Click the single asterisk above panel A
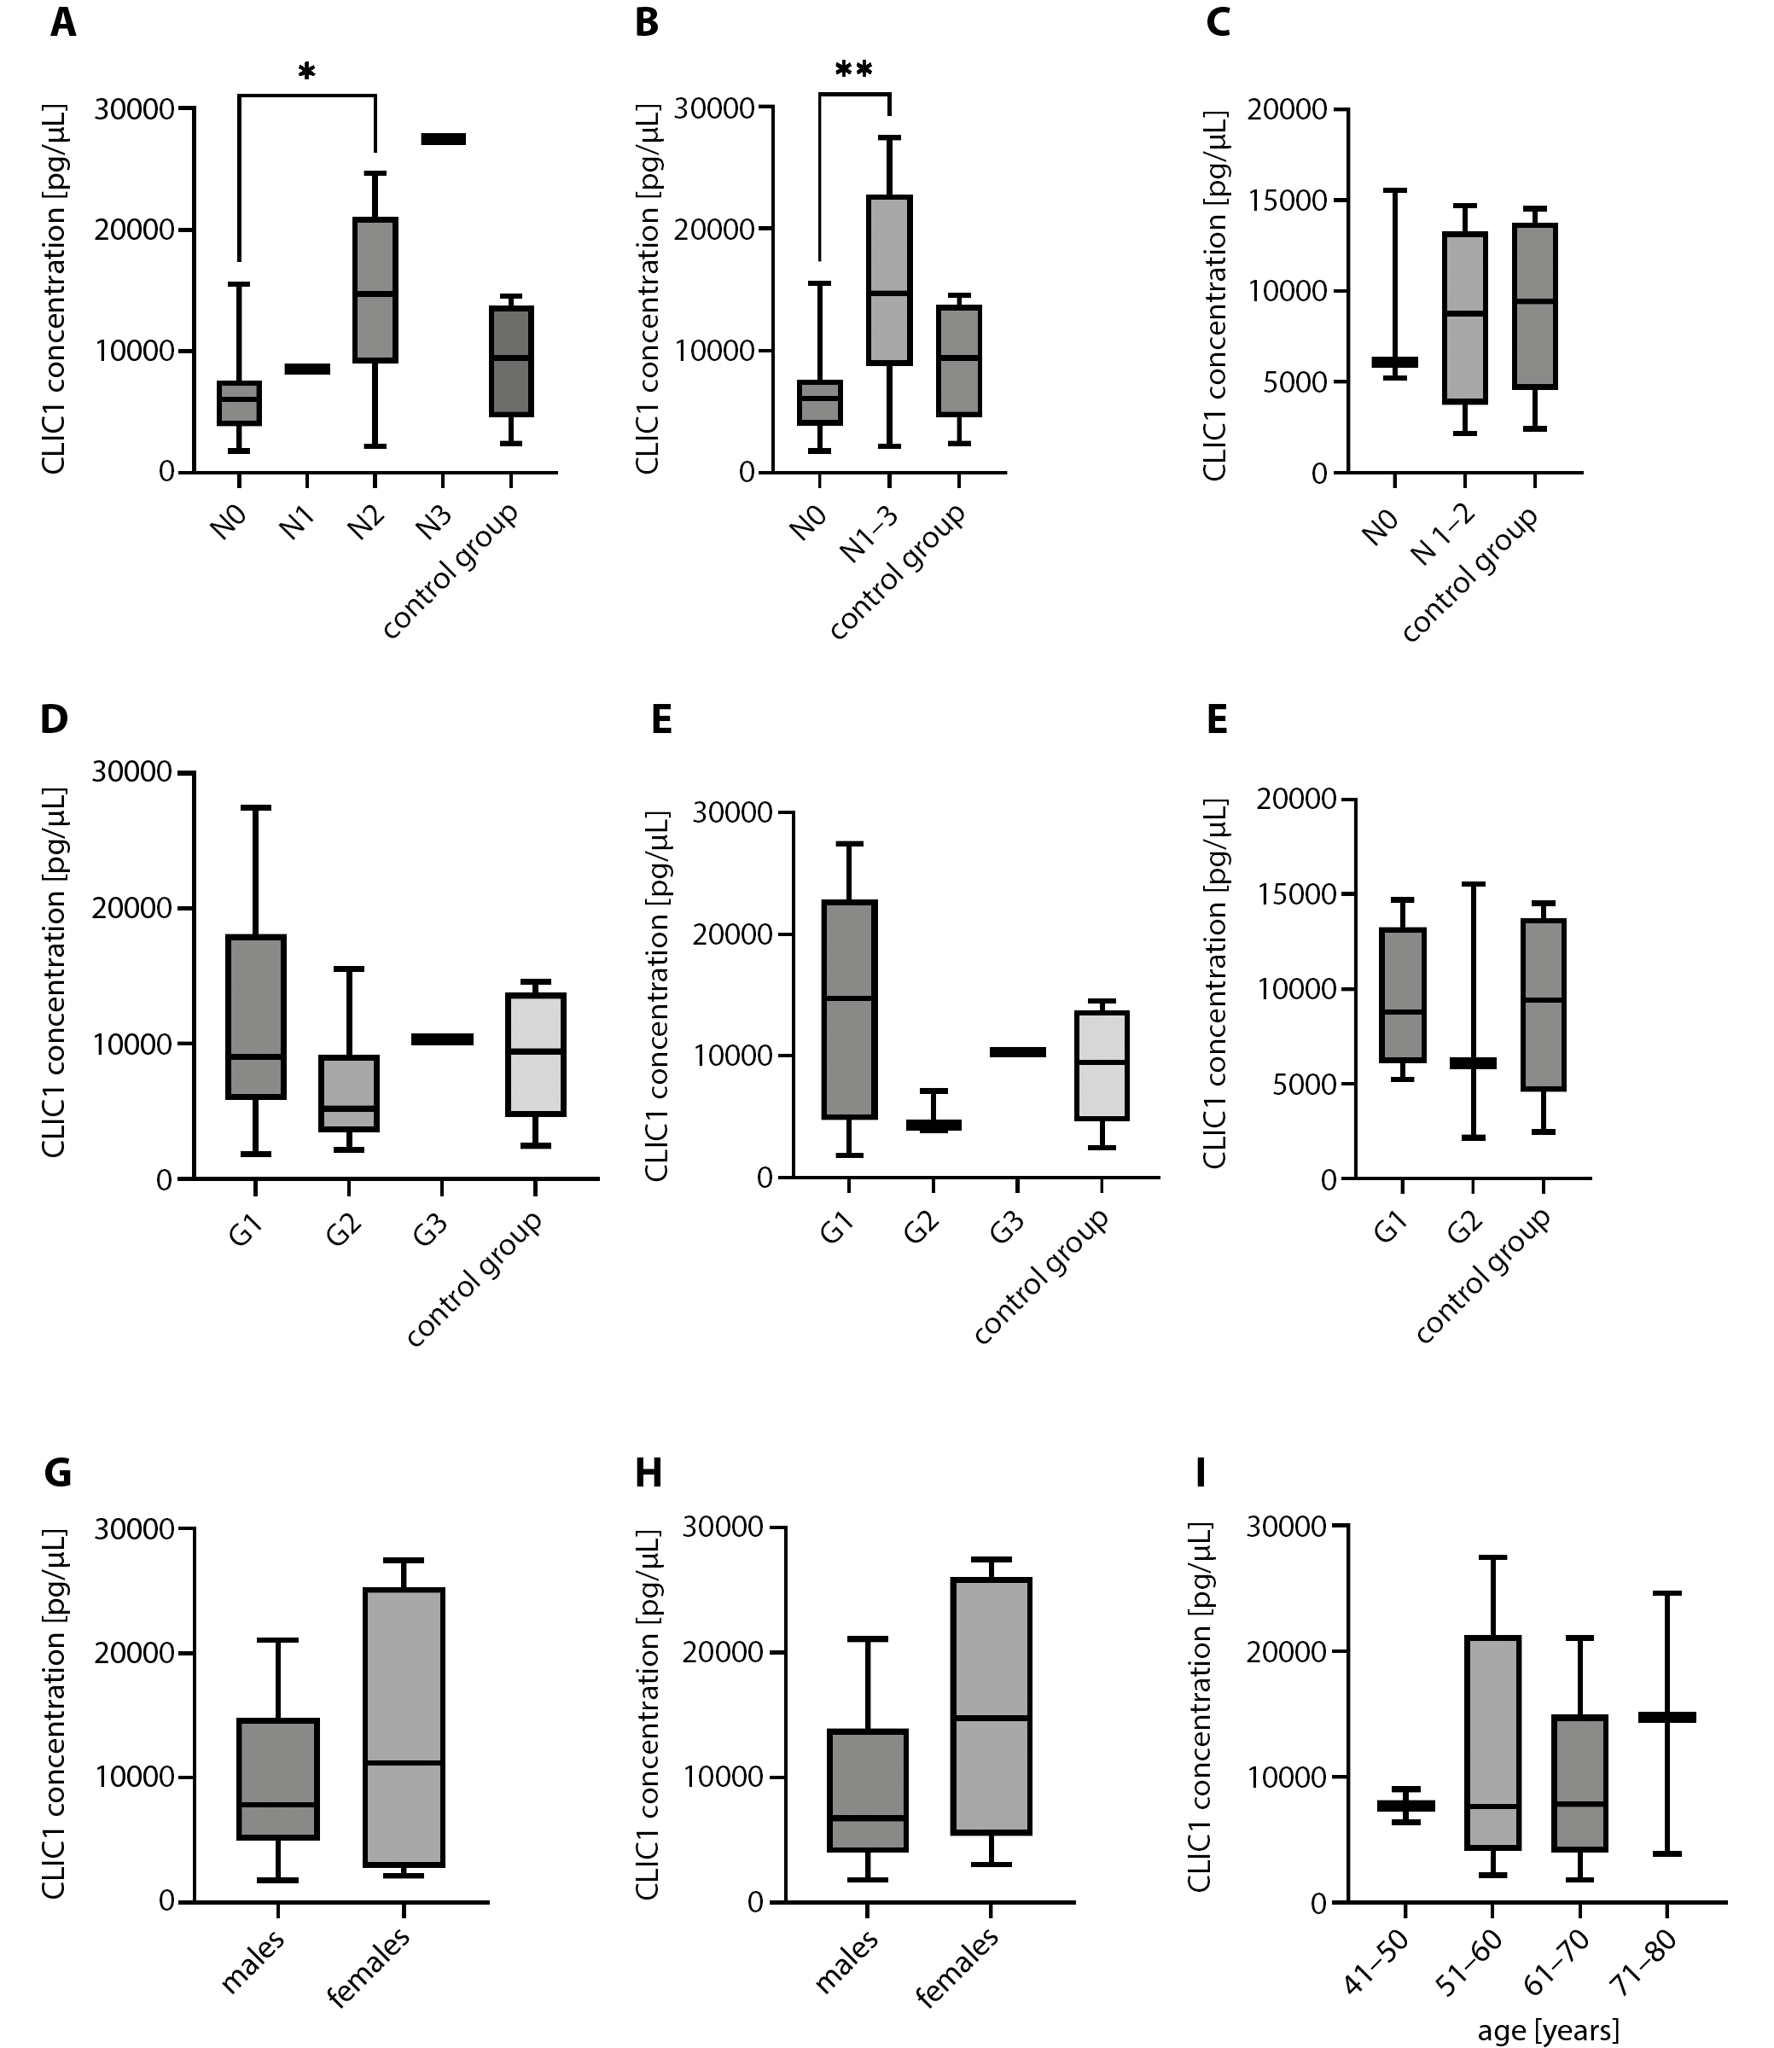[x=307, y=73]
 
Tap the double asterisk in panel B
[x=853, y=70]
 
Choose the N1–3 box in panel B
[x=889, y=280]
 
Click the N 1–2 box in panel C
[x=1463, y=317]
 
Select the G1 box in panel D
[x=255, y=1016]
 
